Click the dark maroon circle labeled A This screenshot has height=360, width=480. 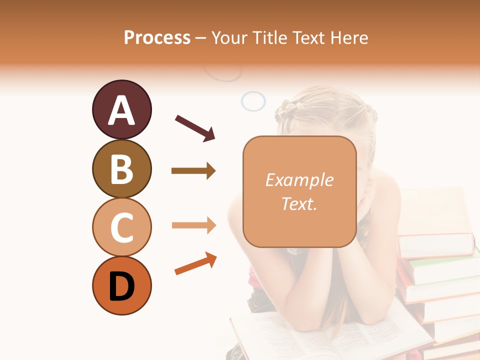coord(121,110)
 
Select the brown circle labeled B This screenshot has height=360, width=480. coord(121,169)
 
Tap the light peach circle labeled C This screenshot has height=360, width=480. coord(121,227)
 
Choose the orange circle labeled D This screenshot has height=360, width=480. coord(121,286)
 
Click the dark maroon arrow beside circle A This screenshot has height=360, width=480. coord(195,127)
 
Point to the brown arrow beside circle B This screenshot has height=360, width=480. coord(193,171)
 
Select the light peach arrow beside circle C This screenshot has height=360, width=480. coord(193,225)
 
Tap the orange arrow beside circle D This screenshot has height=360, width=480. coord(195,264)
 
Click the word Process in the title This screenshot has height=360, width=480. coord(157,38)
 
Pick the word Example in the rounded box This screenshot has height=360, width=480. coord(299,180)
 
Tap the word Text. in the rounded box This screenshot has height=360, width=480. coord(299,203)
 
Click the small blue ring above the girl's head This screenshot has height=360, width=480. coord(253,101)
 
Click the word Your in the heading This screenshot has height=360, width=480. coord(229,38)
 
